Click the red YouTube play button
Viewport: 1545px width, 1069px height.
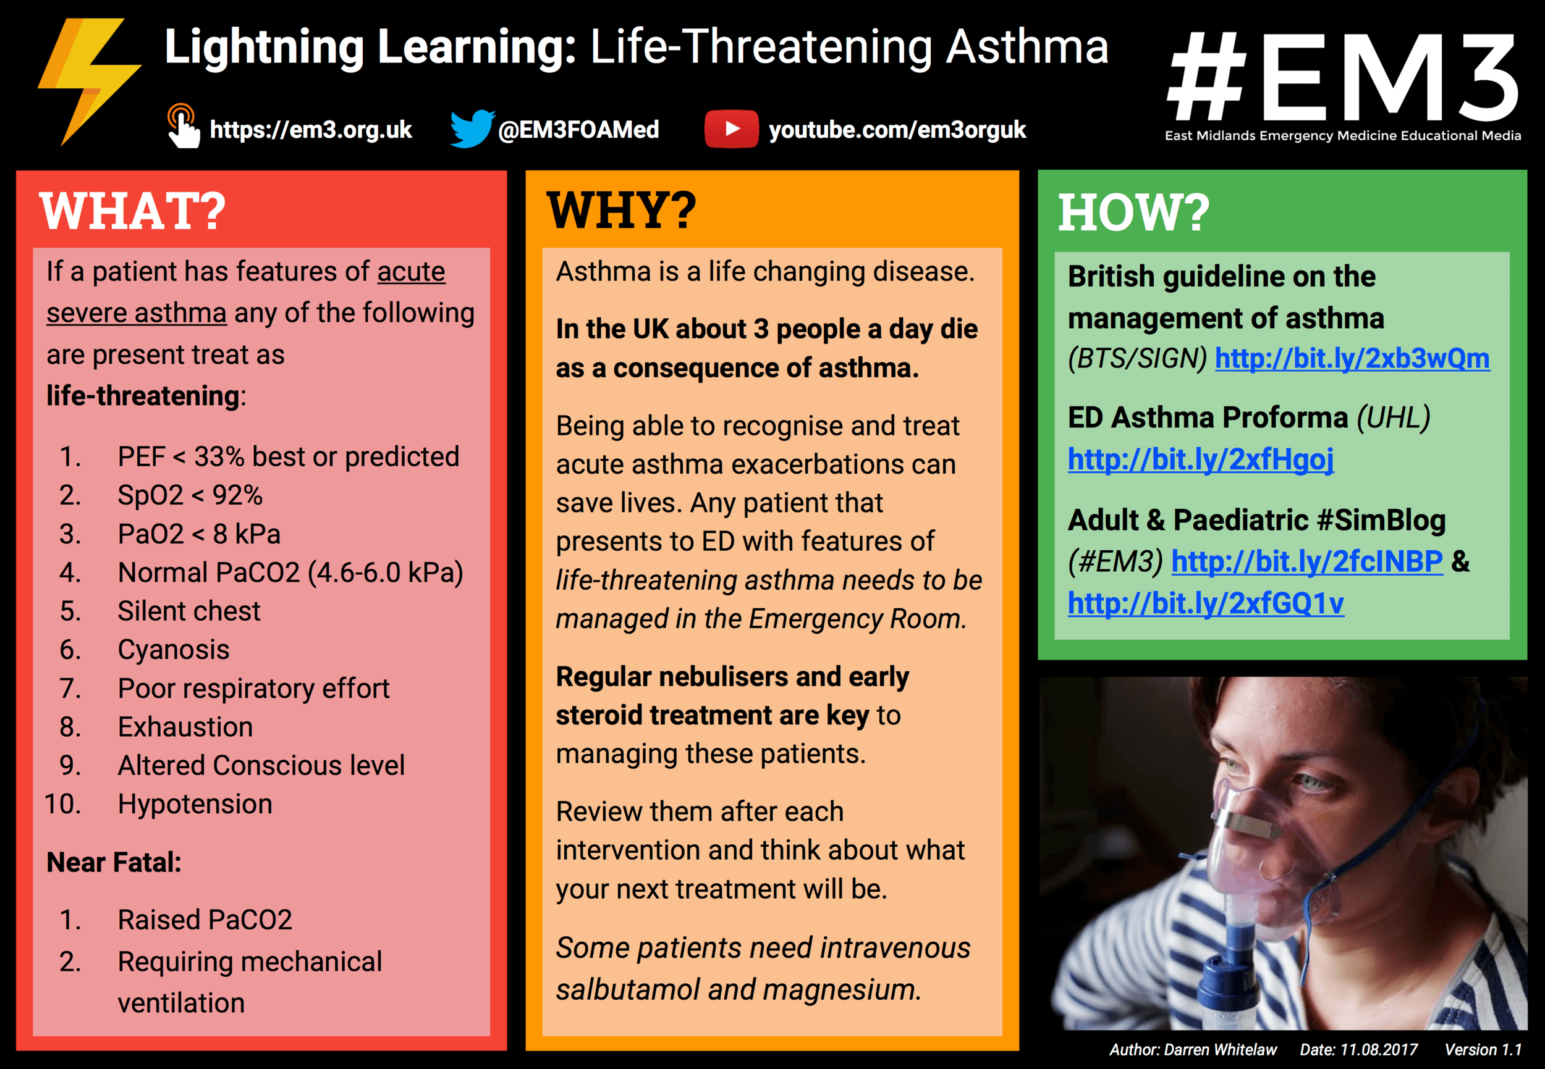click(731, 128)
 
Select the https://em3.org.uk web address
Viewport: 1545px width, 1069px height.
click(310, 130)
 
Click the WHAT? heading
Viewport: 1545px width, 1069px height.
click(133, 211)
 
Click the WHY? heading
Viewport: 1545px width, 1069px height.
click(621, 211)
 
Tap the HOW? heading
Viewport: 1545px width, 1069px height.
click(1133, 213)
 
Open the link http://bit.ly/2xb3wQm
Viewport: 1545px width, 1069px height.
click(1352, 359)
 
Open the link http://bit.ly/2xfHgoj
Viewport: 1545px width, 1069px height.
click(1200, 459)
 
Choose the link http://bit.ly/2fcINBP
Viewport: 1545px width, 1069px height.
click(1306, 561)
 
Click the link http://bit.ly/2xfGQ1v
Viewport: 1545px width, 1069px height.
click(1205, 603)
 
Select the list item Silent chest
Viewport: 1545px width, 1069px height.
click(188, 611)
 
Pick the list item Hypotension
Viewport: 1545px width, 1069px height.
click(195, 805)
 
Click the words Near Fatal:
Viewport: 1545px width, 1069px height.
click(114, 863)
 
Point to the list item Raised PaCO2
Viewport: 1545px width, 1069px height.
click(205, 920)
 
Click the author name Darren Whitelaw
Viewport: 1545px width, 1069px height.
click(1220, 1050)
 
